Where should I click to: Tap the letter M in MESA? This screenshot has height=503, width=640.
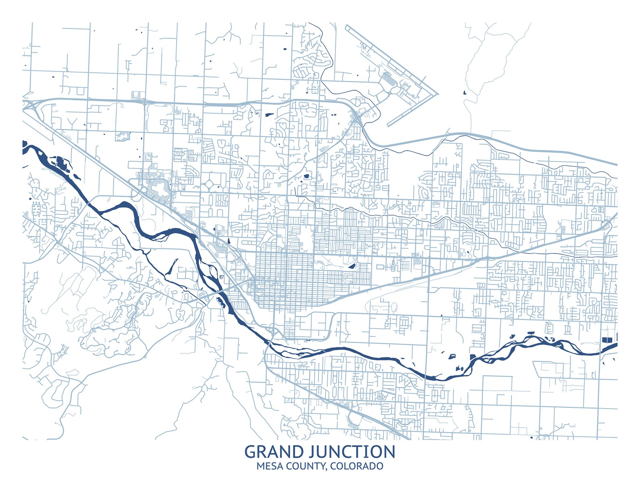coord(260,467)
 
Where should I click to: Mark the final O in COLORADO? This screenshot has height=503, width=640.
coord(379,467)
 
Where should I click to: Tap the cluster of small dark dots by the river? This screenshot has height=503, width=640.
coord(221,277)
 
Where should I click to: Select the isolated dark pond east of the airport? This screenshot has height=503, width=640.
coord(465,92)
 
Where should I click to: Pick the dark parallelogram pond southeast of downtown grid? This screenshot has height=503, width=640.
coord(352,266)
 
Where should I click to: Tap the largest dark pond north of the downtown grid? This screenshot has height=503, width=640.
coord(308,176)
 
